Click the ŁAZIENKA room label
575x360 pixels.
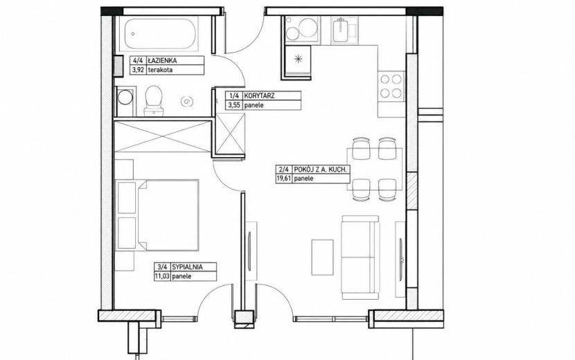coord(162,60)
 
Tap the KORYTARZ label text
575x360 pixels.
coord(259,96)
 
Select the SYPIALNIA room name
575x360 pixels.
coord(187,267)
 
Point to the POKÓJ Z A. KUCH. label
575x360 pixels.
coord(320,170)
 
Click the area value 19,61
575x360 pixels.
coord(283,179)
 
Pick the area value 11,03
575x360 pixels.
coord(161,276)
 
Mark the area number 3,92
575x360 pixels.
coord(139,70)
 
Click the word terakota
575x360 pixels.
coord(160,70)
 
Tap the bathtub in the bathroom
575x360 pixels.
coord(159,33)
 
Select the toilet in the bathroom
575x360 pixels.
coord(153,101)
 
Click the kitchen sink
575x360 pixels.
coord(345,30)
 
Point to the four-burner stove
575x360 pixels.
coord(391,86)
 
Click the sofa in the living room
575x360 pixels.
coord(360,258)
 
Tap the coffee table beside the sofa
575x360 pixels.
coord(322,258)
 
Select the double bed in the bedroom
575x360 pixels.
coord(157,215)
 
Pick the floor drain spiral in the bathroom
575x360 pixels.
coord(187,100)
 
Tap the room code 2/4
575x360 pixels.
coord(284,170)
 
